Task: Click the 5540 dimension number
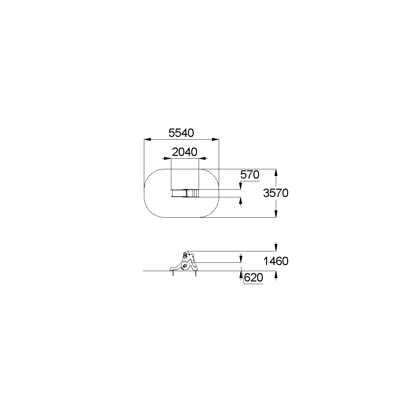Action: [x=181, y=133]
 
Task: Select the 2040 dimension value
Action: [x=185, y=152]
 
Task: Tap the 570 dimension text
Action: [x=250, y=175]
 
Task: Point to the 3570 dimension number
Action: [x=276, y=193]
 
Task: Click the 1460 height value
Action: [x=276, y=261]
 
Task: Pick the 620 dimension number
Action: [x=253, y=277]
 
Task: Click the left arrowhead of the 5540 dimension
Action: [x=147, y=140]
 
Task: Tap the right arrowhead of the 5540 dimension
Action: [x=215, y=140]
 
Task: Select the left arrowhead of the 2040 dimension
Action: [x=167, y=159]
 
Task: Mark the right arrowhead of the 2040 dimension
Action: [x=202, y=159]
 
